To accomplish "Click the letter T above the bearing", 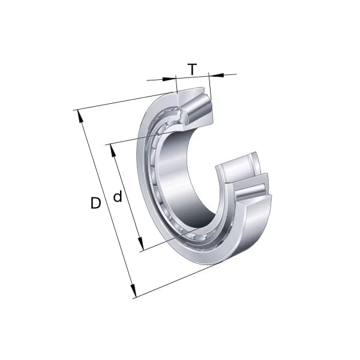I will [x=192, y=70].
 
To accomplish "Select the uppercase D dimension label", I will [x=95, y=203].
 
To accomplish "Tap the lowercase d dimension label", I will [x=118, y=196].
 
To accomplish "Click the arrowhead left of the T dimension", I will [x=170, y=77].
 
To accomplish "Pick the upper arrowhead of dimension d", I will [x=112, y=149].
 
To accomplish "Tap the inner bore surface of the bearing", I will [x=180, y=180].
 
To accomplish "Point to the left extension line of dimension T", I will [x=176, y=84].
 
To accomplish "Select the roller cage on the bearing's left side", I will [x=152, y=180].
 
